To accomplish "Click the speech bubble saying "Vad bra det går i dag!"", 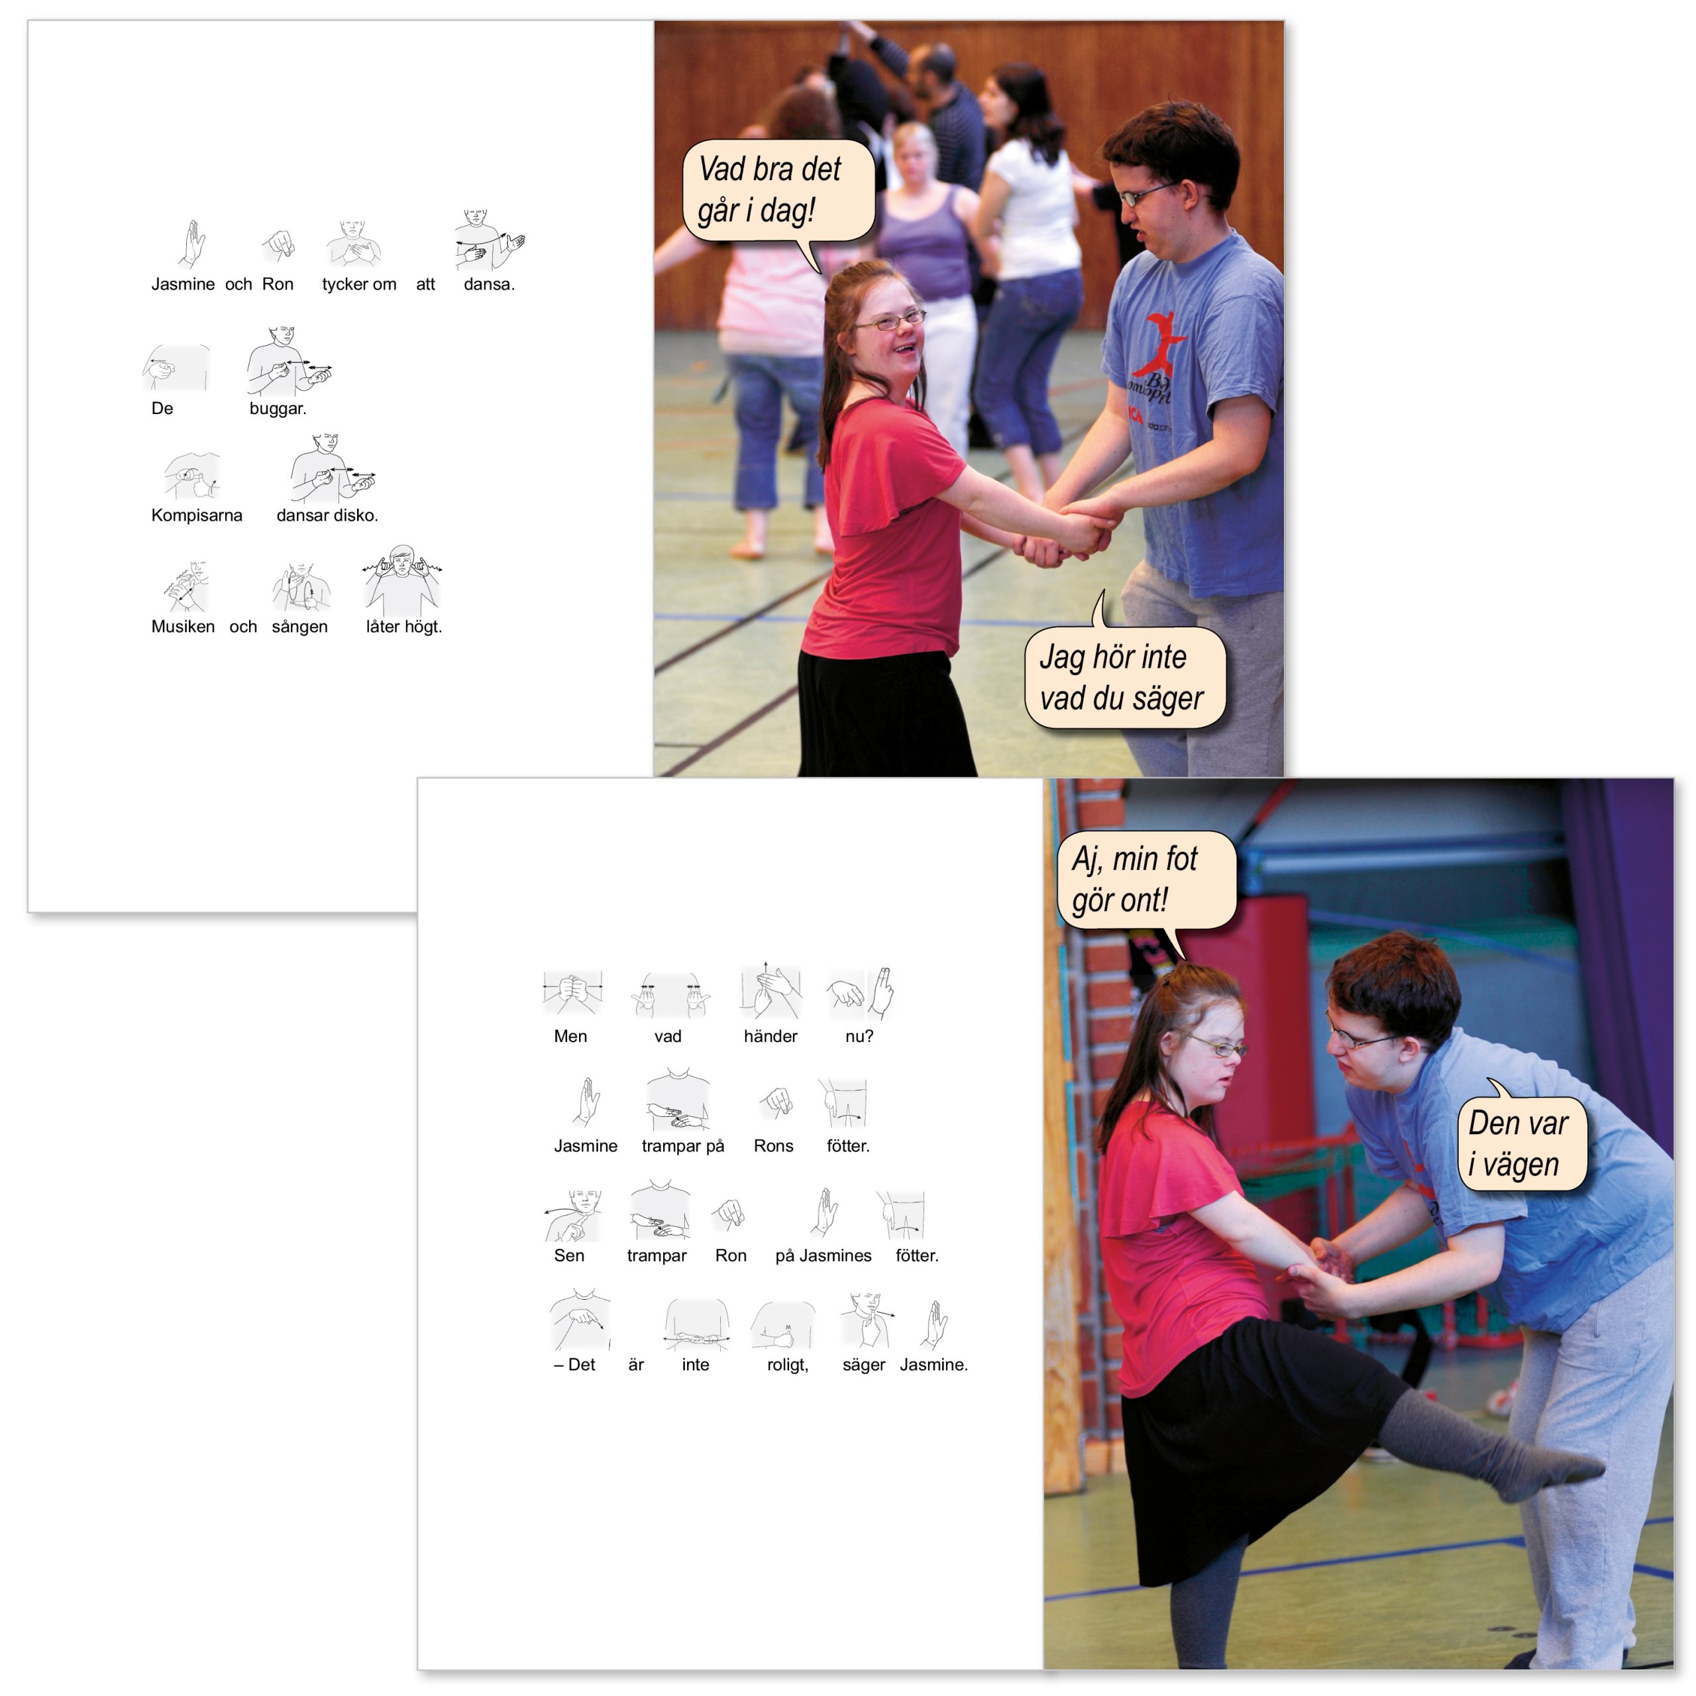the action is click(x=778, y=191).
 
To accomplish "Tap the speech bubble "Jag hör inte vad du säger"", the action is click(x=1124, y=676).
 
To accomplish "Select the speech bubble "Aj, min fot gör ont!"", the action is click(x=1145, y=880).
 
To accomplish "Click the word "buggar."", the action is click(x=278, y=408).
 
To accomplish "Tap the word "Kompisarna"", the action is click(x=197, y=515).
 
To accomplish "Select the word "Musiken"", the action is click(x=183, y=627).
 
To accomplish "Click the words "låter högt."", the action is click(x=404, y=627).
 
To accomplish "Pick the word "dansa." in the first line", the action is click(x=489, y=284).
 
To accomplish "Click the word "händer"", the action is click(x=770, y=1037).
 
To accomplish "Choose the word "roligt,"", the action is click(x=788, y=1365).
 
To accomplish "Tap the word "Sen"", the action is click(x=569, y=1256).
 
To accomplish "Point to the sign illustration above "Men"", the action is click(x=572, y=993).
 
